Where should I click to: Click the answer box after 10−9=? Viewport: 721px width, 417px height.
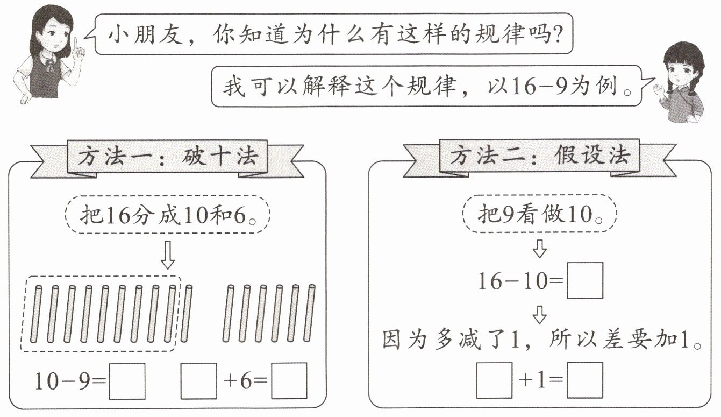tap(127, 381)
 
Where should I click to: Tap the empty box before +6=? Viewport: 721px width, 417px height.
tap(198, 381)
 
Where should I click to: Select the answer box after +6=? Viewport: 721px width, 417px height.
tap(289, 381)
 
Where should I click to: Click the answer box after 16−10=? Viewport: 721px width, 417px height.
tap(585, 280)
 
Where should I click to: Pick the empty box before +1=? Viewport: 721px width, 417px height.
tap(494, 380)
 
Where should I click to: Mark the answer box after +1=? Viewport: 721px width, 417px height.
tap(585, 380)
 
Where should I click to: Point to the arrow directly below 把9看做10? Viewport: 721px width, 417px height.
tap(539, 248)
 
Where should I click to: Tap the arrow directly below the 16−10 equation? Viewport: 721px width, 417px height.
tap(539, 314)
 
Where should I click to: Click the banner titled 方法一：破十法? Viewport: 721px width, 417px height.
tap(168, 158)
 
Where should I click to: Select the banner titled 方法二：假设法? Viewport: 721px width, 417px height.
tap(539, 157)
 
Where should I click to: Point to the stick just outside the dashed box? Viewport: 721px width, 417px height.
tap(187, 314)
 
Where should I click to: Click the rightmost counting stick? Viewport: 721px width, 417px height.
tap(310, 314)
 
